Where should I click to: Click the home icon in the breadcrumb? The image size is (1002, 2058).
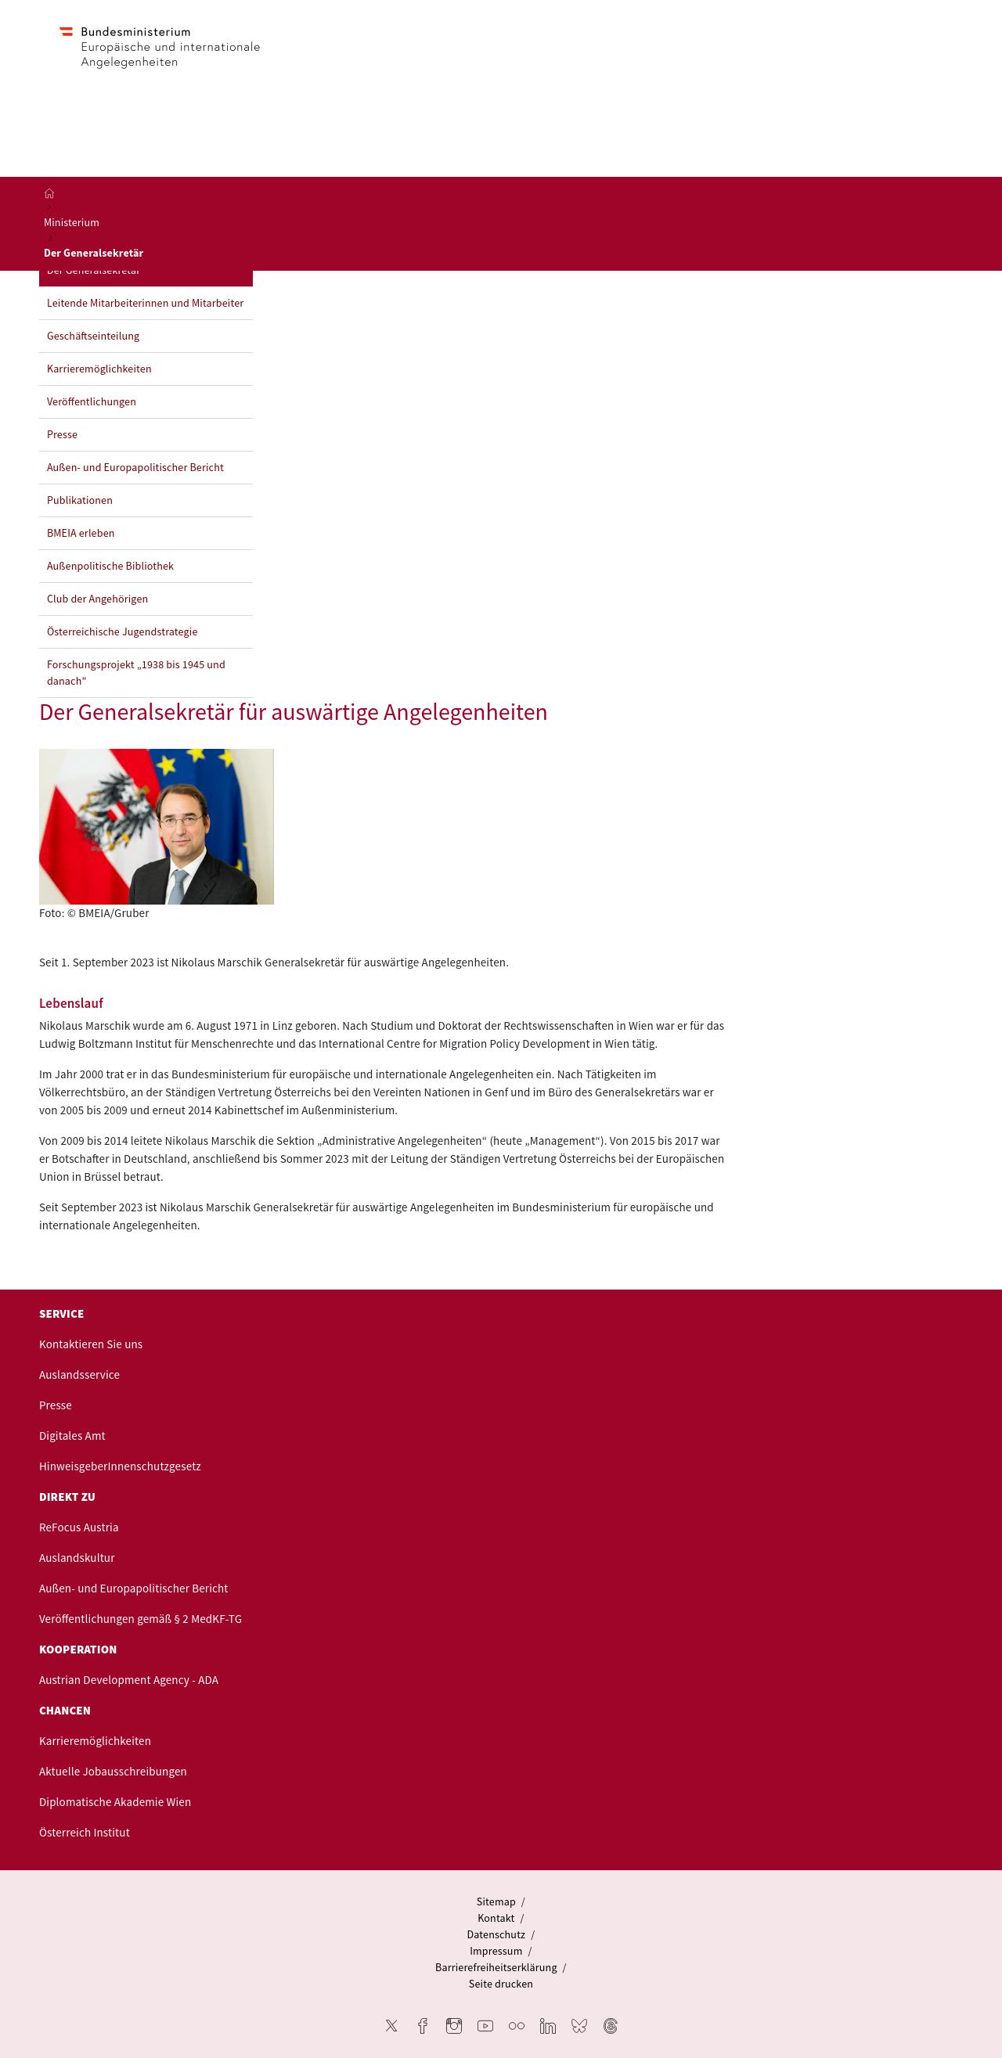49,193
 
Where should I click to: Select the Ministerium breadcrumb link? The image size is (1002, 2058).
71,223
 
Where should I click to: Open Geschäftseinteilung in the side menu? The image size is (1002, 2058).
92,336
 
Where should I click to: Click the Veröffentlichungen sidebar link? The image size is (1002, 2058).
91,402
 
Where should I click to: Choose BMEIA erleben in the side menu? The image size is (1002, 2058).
80,534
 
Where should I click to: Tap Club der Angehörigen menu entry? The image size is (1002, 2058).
97,599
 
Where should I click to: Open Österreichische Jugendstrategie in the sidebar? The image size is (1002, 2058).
121,632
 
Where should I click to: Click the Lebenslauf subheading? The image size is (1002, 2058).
71,1003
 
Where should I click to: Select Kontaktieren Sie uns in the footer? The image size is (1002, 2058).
90,1344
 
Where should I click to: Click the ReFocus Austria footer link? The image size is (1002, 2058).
78,1527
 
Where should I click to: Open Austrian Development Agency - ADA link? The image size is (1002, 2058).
128,1680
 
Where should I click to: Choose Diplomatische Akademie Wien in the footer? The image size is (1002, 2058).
114,1802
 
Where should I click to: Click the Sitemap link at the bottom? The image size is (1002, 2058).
496,1902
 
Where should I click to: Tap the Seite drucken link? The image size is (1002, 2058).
500,1984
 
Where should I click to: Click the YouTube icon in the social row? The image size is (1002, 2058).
485,2026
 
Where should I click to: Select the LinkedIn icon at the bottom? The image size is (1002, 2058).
547,2026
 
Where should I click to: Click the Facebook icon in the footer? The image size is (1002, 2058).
423,2026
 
